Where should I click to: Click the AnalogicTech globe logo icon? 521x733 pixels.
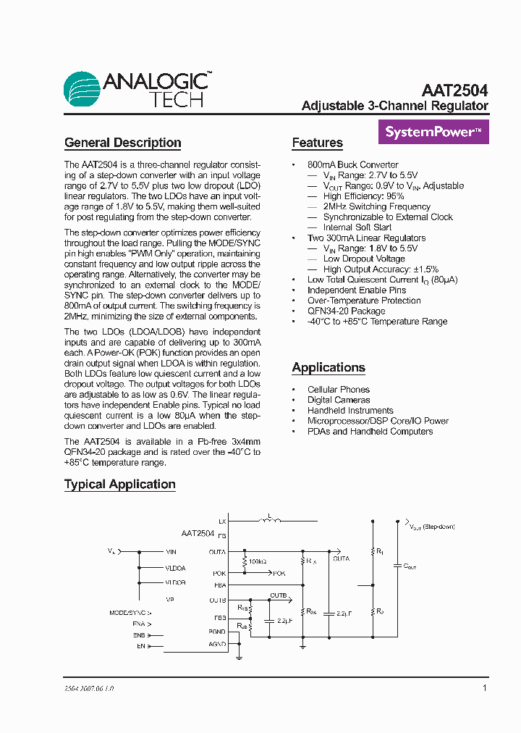[x=82, y=90]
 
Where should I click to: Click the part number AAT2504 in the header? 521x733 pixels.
[x=454, y=91]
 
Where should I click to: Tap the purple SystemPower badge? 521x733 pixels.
[x=433, y=132]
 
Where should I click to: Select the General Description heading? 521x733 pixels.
[x=122, y=143]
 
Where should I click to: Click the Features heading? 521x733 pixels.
[x=317, y=143]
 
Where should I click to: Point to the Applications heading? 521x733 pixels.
[x=329, y=367]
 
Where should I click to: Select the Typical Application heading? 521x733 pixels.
[x=119, y=484]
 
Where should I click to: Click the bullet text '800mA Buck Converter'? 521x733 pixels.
[x=352, y=164]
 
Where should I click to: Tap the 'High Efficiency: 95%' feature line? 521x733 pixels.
[x=363, y=196]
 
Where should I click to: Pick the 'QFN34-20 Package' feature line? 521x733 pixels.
[x=346, y=311]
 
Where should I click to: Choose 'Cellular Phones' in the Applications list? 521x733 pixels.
[x=338, y=390]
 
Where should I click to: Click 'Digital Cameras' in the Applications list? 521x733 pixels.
[x=338, y=400]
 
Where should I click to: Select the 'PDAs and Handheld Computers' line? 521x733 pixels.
[x=370, y=431]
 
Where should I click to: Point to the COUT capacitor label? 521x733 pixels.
[x=409, y=566]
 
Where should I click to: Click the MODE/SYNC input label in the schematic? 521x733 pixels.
[x=130, y=612]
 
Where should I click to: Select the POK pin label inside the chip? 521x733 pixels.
[x=220, y=573]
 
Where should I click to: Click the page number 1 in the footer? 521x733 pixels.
[x=484, y=688]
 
